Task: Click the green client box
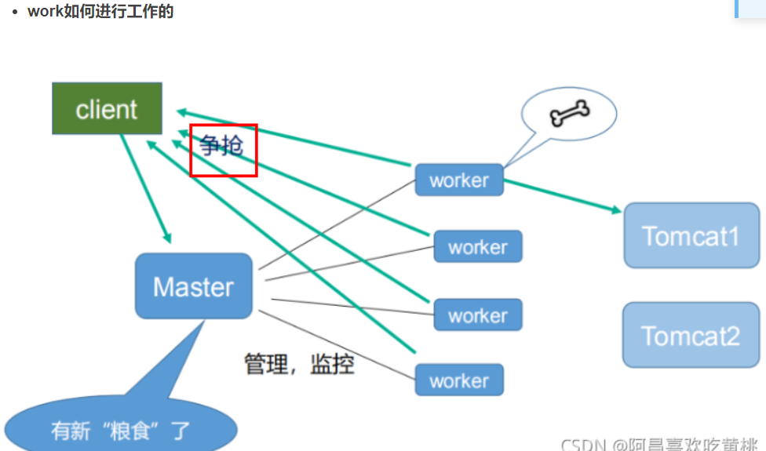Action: coord(107,108)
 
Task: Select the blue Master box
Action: coord(193,286)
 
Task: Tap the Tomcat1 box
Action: coord(691,235)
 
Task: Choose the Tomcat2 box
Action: coord(691,336)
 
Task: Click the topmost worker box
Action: coord(459,180)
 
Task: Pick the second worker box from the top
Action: coord(477,247)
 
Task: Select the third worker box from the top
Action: coord(477,315)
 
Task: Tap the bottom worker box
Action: coord(459,381)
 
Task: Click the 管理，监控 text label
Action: coord(299,364)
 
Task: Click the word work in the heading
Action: coord(44,12)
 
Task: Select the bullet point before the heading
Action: coord(15,13)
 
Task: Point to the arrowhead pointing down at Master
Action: coord(166,238)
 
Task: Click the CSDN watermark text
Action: coord(582,445)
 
